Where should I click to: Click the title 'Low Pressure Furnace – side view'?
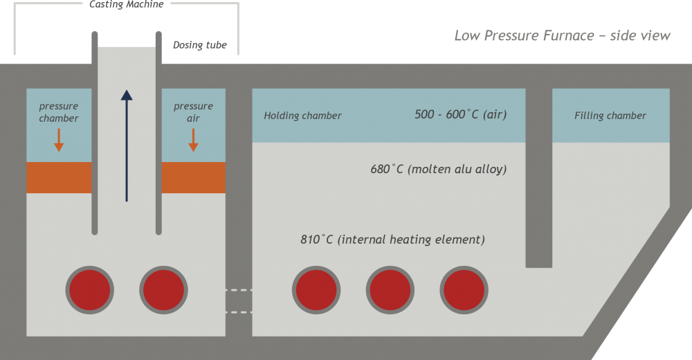coord(562,35)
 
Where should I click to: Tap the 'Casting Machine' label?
coord(127,4)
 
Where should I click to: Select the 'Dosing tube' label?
coord(199,46)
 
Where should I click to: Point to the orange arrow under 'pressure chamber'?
coord(59,139)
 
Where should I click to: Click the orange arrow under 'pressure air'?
coord(193,139)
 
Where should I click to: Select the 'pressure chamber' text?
coord(59,112)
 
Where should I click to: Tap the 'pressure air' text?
coord(193,112)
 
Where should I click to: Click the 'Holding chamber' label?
coord(302,116)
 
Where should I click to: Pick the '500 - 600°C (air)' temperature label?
coord(460,114)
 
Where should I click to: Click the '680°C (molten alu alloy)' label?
coord(439,169)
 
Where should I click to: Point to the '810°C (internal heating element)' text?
coord(392,240)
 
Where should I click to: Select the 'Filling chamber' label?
coord(610,116)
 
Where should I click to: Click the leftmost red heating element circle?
coord(89,289)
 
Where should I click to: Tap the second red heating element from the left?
coord(164,289)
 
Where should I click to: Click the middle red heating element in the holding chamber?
coord(390,289)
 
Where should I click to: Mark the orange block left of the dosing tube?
coord(59,178)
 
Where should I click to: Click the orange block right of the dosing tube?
coord(193,178)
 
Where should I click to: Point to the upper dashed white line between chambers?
coord(239,290)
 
